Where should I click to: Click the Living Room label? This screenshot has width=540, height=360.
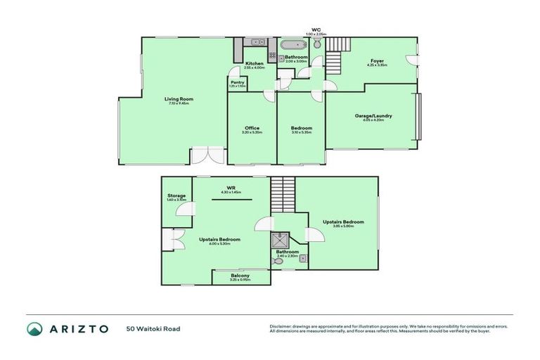pos(176,99)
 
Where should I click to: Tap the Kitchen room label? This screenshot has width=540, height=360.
pos(255,63)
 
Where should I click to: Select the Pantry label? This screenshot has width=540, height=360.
pos(237,82)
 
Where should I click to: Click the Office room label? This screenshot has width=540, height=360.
pos(252,127)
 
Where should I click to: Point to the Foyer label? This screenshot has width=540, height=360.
pos(377,62)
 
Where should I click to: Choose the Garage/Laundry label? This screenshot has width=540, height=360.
pos(373,115)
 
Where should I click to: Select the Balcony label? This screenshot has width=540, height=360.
pos(240,275)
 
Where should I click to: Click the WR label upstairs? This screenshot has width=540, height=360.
pos(230,187)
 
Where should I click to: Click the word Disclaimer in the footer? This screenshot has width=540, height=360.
pos(281,326)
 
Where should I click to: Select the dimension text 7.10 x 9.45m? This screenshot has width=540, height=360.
pos(176,104)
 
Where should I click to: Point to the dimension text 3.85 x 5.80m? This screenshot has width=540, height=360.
pos(342,226)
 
